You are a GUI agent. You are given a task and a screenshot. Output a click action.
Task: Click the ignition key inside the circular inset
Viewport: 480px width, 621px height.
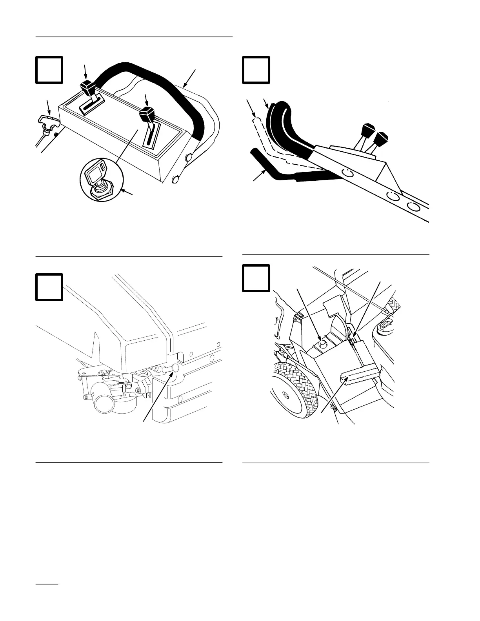(96, 175)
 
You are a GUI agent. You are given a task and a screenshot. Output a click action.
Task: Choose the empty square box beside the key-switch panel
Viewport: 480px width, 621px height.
(49, 70)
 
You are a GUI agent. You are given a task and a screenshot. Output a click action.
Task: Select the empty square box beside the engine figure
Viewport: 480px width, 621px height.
(49, 287)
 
